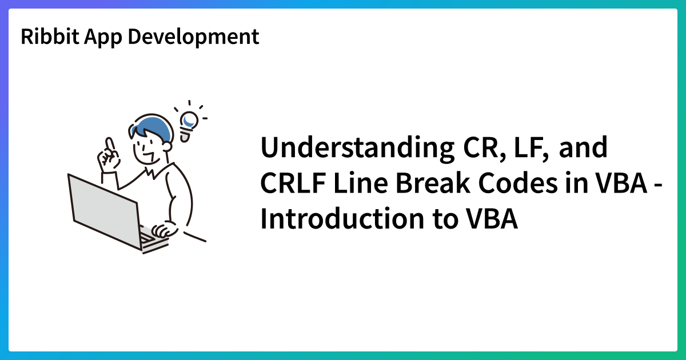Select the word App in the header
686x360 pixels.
pyautogui.click(x=103, y=37)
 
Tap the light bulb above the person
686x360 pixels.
pyautogui.click(x=188, y=123)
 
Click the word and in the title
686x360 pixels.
pyautogui.click(x=583, y=149)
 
